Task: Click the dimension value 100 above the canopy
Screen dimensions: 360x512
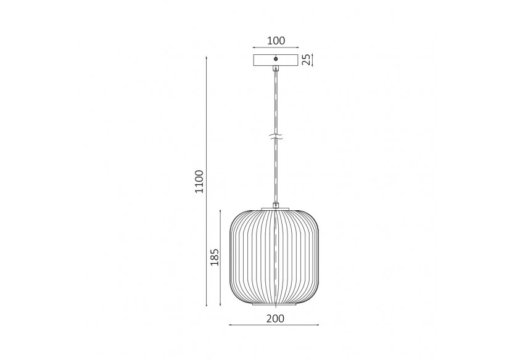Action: click(276, 41)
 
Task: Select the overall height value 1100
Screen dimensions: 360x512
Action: click(199, 181)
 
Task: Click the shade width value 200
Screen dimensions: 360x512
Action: click(275, 319)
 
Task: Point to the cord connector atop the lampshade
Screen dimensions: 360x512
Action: click(276, 204)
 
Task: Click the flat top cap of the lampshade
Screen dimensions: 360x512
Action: click(276, 208)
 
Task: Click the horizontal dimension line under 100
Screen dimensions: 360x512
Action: click(276, 48)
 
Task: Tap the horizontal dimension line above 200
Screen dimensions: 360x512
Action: click(275, 326)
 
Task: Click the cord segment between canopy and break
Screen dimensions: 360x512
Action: click(276, 102)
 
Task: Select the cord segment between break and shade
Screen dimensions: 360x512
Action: click(276, 173)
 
